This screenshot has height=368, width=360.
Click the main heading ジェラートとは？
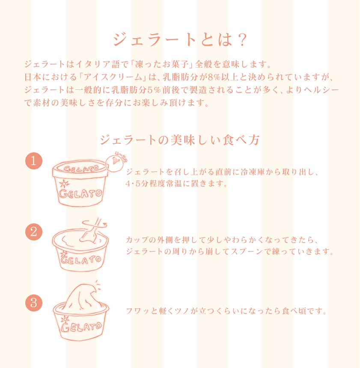click(180, 40)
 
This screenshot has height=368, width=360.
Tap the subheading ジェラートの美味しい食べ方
click(180, 140)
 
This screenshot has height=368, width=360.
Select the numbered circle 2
click(34, 232)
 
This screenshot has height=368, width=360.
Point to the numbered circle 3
click(34, 303)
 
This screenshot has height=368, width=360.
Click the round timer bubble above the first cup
click(114, 161)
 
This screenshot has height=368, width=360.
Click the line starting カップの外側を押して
click(223, 239)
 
